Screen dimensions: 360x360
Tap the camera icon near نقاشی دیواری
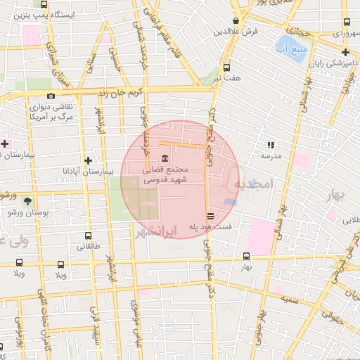(x=50, y=96)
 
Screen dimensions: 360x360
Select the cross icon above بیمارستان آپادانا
(x=87, y=159)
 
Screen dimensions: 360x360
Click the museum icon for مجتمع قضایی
(x=165, y=157)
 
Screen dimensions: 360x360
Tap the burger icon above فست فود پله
(x=210, y=215)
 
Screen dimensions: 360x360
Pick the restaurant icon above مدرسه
(x=270, y=145)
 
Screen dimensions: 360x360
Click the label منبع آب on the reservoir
(x=290, y=47)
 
